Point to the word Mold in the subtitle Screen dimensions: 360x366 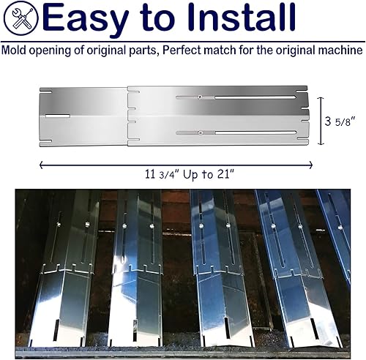[15, 51]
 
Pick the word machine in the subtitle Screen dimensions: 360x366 [340, 51]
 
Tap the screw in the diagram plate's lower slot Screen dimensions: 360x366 [201, 132]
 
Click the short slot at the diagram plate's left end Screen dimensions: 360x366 [57, 116]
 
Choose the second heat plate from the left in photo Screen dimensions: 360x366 [135, 271]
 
